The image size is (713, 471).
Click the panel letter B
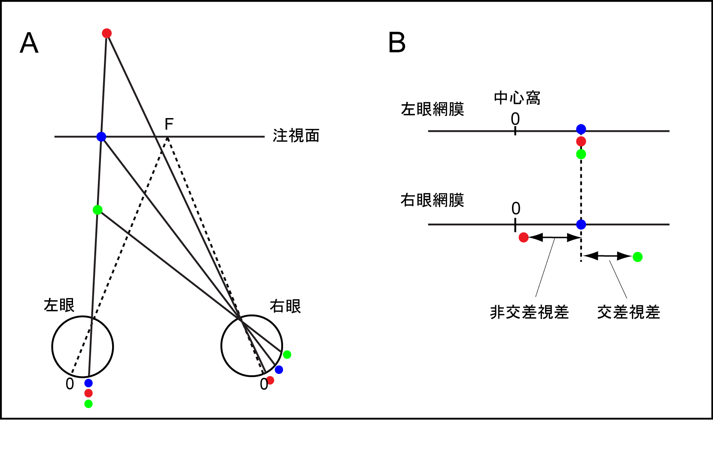397,43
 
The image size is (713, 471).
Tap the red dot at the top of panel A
107,33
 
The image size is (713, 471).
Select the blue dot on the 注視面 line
101,137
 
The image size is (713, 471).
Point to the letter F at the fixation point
169,125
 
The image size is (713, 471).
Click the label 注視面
296,136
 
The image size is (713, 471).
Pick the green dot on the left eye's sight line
98,210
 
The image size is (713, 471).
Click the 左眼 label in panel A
59,305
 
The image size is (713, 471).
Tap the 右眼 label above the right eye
285,306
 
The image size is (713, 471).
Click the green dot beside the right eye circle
287,354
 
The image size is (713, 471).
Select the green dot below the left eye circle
88,404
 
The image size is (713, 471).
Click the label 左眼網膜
433,109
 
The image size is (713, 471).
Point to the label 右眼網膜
433,200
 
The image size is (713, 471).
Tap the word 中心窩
517,98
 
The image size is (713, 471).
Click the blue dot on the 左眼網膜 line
581,129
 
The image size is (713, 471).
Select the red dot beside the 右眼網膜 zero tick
524,237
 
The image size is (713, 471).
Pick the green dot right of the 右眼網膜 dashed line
637,257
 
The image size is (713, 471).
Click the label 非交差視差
529,312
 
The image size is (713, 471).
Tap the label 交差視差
628,312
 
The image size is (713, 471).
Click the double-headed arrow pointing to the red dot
555,237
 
